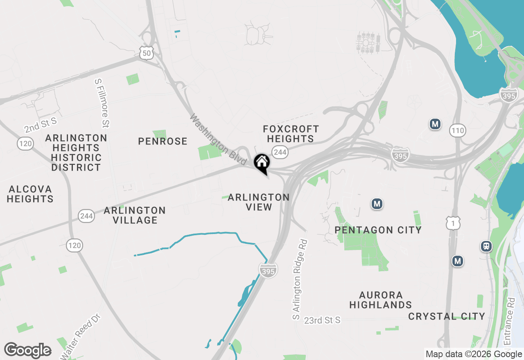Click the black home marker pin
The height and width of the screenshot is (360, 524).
(262, 163)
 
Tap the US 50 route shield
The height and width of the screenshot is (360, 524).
(146, 52)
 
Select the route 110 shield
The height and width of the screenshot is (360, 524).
(457, 130)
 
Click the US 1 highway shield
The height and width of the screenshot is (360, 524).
(453, 223)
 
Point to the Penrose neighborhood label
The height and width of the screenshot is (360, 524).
(163, 142)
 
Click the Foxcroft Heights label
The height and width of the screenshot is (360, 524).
(291, 134)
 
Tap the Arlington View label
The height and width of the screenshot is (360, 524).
(259, 202)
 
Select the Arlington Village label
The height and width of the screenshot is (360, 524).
(135, 215)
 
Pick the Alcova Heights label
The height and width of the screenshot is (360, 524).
(31, 194)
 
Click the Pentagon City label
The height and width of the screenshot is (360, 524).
(378, 230)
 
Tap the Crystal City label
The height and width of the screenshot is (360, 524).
(447, 316)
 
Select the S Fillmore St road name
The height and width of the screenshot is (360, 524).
(102, 103)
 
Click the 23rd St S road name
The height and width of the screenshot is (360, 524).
(322, 320)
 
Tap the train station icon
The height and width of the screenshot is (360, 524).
(486, 246)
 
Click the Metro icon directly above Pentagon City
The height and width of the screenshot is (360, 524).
(377, 203)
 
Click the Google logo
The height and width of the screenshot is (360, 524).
(28, 350)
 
